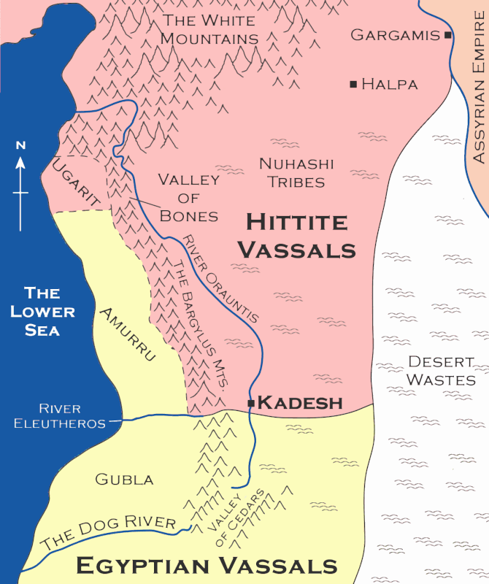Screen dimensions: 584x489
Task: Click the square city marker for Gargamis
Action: click(447, 35)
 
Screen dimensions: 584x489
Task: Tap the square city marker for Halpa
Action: click(354, 85)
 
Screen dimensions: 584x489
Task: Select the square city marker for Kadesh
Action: click(251, 403)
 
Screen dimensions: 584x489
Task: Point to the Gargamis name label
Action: click(395, 35)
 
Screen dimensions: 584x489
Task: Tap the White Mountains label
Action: click(209, 28)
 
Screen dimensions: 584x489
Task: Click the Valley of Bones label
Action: click(188, 198)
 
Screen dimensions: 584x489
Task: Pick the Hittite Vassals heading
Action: click(300, 235)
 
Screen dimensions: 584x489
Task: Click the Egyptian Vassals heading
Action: click(207, 566)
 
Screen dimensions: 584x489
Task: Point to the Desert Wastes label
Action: click(441, 370)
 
